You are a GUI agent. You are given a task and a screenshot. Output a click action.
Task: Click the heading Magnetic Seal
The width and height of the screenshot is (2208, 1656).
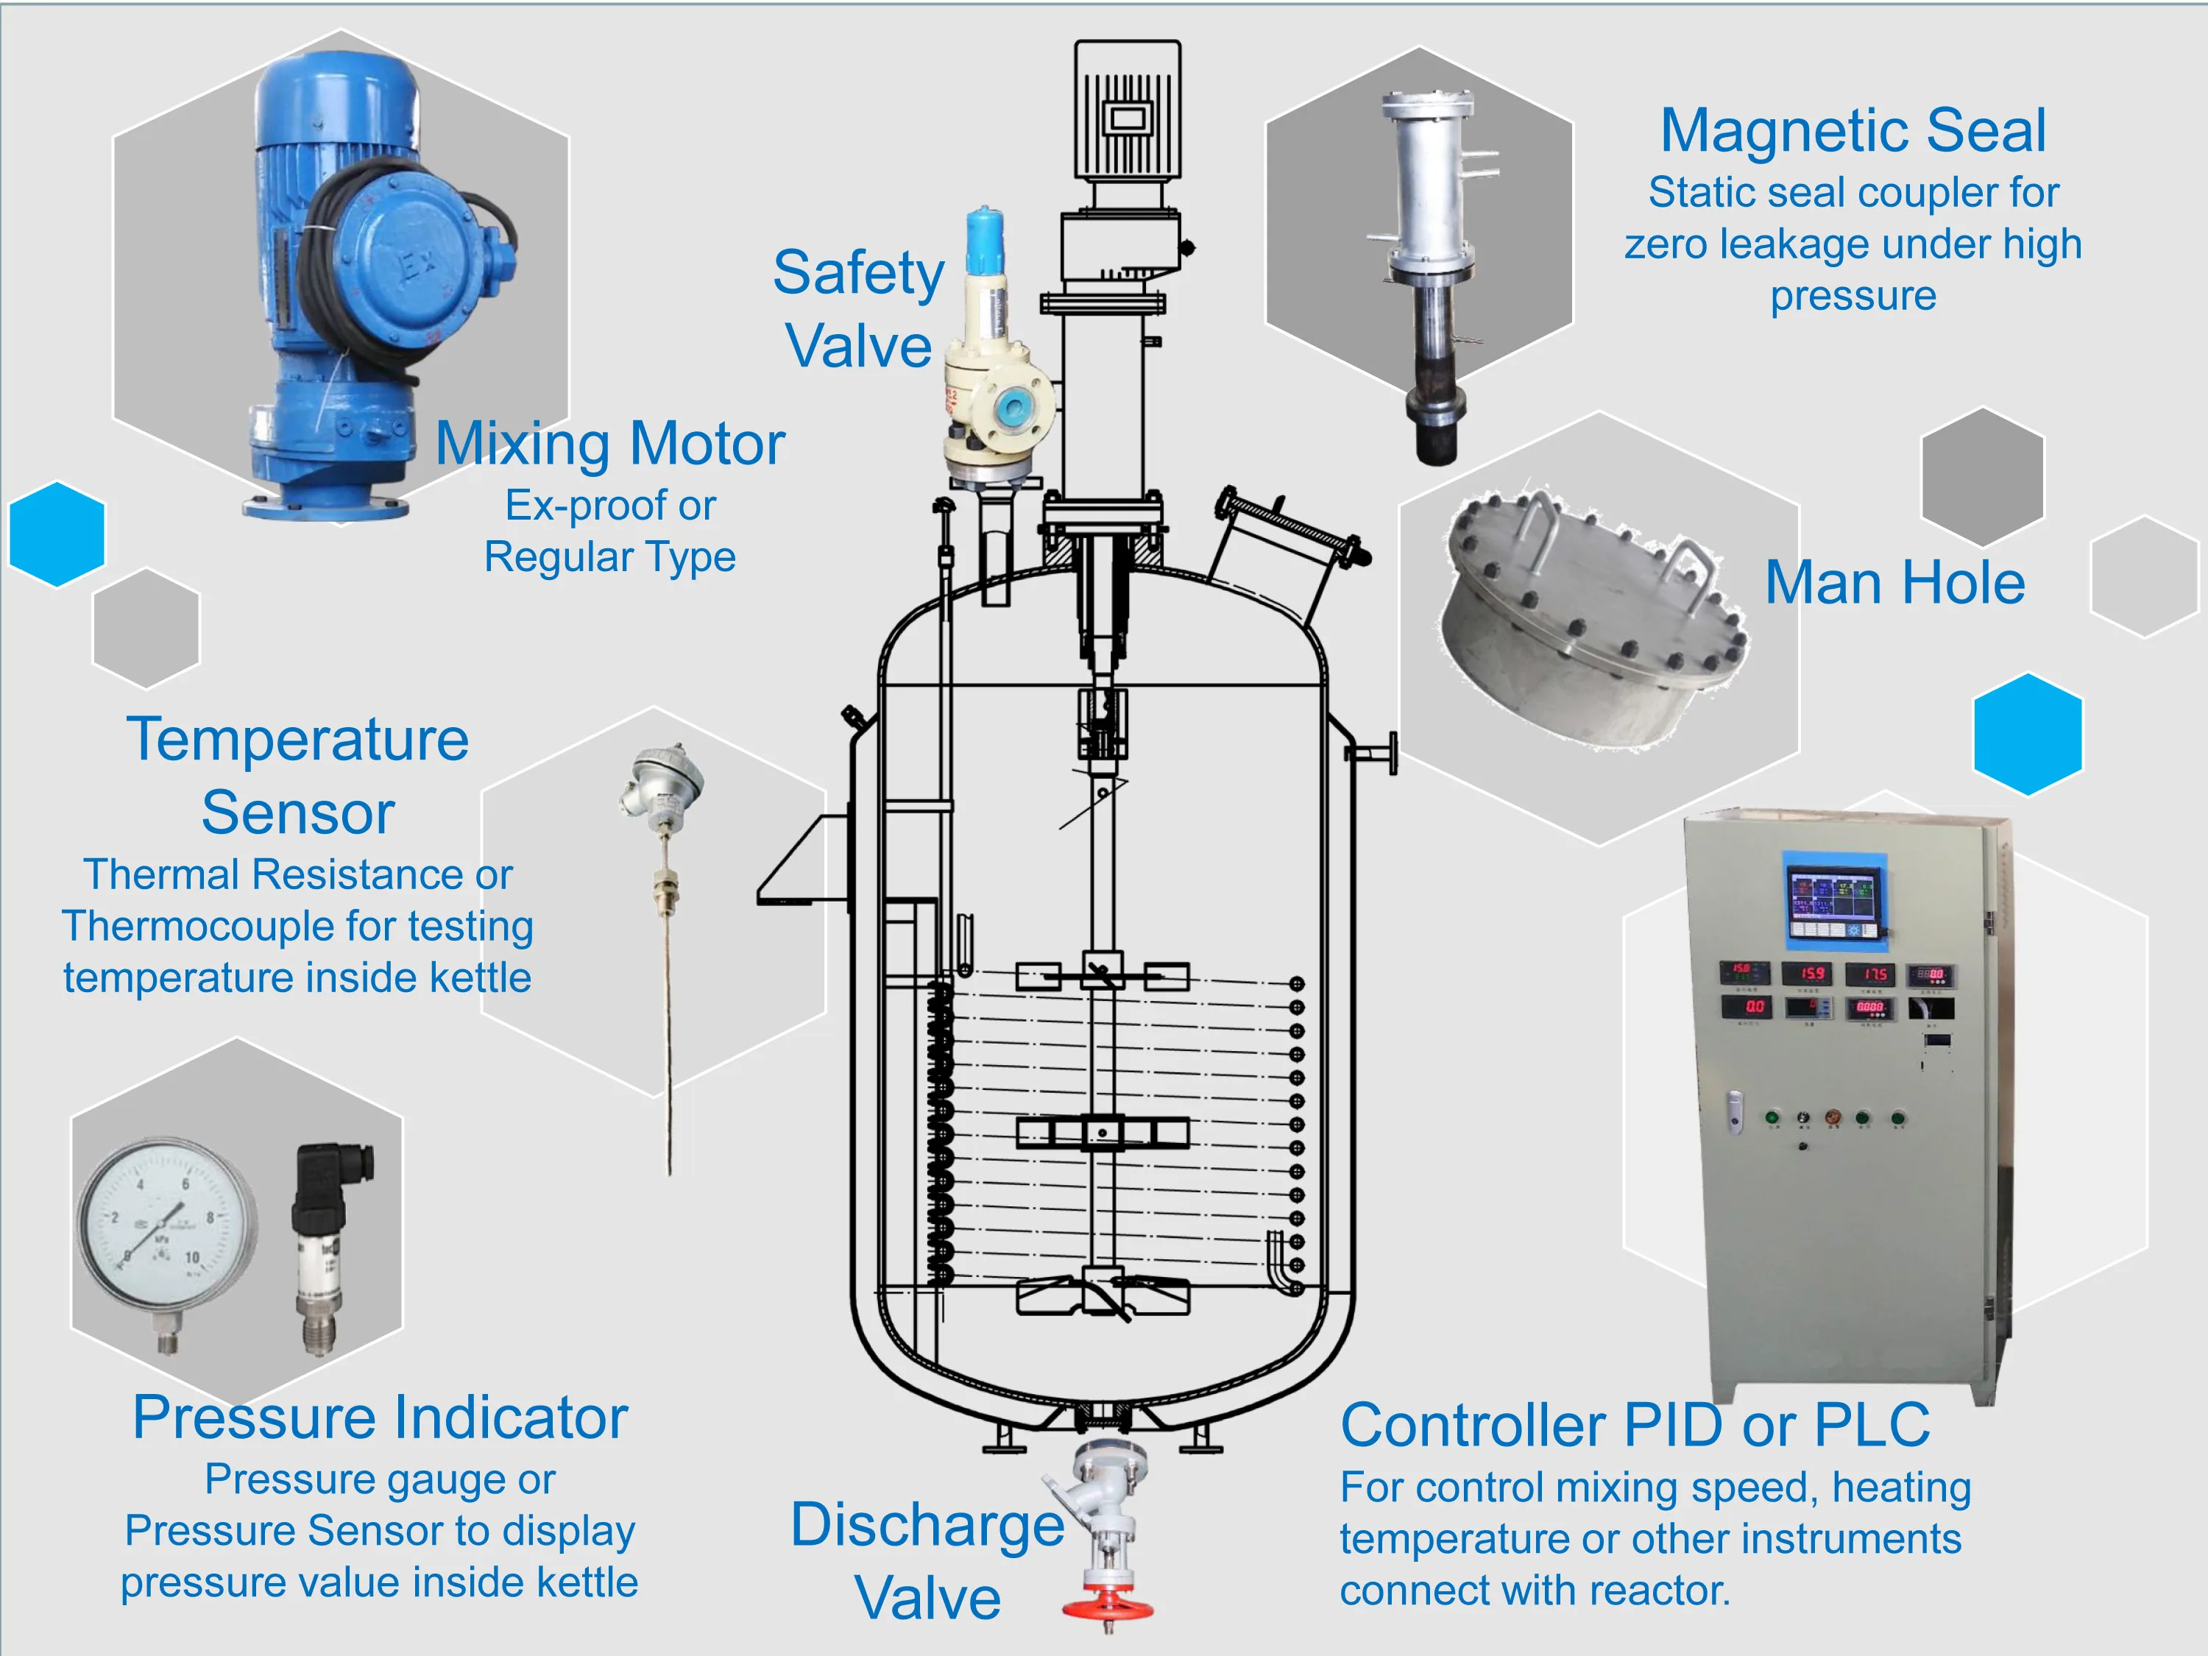tap(1853, 131)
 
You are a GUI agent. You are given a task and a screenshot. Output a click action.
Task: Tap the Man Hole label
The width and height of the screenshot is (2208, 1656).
tap(1894, 583)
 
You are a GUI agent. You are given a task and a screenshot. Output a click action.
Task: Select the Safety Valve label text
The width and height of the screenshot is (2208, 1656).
tap(858, 309)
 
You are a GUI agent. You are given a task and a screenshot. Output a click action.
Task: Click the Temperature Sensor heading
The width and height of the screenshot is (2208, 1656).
tap(297, 776)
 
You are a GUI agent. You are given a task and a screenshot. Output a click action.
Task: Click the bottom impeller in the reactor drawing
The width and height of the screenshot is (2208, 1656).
tap(1102, 1295)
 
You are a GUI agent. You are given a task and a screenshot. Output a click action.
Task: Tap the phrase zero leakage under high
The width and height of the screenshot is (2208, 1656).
tap(1853, 244)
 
